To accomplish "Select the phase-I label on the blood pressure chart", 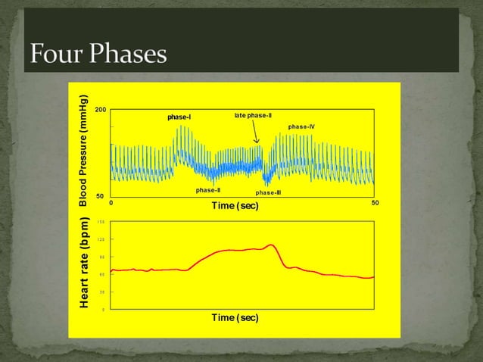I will pyautogui.click(x=179, y=117).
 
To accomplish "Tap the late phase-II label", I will pyautogui.click(x=253, y=115).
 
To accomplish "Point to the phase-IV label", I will pyautogui.click(x=301, y=126).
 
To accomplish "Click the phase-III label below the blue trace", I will pyautogui.click(x=268, y=192).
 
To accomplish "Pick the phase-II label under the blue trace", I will pyautogui.click(x=207, y=190).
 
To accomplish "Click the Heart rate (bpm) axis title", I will pyautogui.click(x=86, y=264).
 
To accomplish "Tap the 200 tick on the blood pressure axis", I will pyautogui.click(x=100, y=111).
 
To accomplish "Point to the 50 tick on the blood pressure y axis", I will pyautogui.click(x=99, y=195).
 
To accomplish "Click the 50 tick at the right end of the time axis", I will pyautogui.click(x=375, y=203).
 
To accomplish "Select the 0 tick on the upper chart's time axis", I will pyautogui.click(x=111, y=203).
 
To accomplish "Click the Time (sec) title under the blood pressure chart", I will pyautogui.click(x=235, y=207).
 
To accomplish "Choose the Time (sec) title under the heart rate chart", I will pyautogui.click(x=235, y=318).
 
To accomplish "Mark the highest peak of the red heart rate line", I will pyautogui.click(x=270, y=245).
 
